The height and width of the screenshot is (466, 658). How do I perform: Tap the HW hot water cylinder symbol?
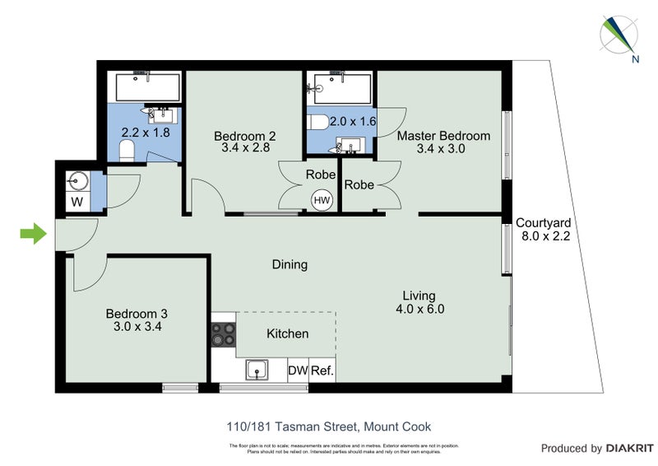click(322, 199)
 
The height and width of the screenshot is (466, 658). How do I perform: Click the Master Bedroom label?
click(443, 136)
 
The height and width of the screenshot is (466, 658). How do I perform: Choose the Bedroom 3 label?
click(137, 314)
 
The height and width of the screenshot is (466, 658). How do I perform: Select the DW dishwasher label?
click(297, 371)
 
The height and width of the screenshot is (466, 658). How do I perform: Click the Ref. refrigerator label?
click(322, 371)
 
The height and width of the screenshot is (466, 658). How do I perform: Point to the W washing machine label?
click(76, 201)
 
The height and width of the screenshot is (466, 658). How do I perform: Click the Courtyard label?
click(543, 222)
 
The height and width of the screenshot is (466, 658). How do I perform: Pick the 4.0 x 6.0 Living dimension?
click(419, 310)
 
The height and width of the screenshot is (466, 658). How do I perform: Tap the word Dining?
click(290, 264)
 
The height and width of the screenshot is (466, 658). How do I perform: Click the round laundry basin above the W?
click(76, 179)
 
